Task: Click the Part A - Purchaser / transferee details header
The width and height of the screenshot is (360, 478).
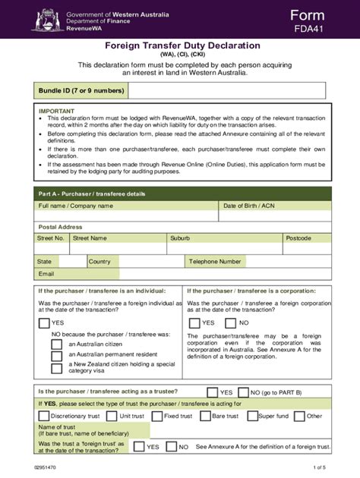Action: pyautogui.click(x=92, y=193)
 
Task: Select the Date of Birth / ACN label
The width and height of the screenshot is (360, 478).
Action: pyautogui.click(x=248, y=206)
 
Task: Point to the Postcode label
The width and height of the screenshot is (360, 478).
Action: pyautogui.click(x=298, y=238)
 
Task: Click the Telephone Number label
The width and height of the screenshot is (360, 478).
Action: pyautogui.click(x=215, y=261)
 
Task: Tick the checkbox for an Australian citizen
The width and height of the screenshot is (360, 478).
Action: pyautogui.click(x=57, y=344)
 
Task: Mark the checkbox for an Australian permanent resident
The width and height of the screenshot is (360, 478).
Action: pyautogui.click(x=57, y=355)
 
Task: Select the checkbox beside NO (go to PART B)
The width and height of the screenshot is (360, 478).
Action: pyautogui.click(x=243, y=392)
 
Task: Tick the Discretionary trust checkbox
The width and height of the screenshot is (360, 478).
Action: pyautogui.click(x=44, y=416)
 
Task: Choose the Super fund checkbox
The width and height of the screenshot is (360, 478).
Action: pyautogui.click(x=251, y=416)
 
